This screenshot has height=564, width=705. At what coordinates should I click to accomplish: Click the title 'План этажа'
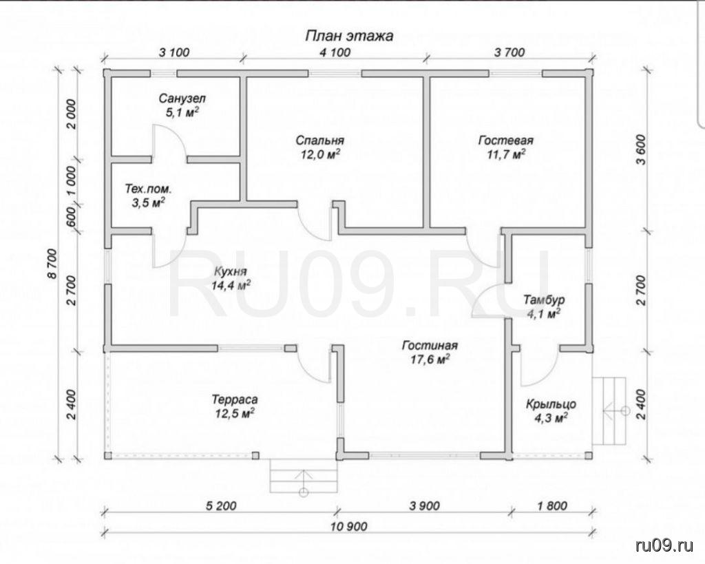point(349,36)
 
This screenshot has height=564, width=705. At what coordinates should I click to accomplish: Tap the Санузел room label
point(182,98)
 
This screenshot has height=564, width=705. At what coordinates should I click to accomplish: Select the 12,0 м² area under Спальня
point(319,154)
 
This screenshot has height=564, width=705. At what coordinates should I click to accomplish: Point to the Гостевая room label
point(506,140)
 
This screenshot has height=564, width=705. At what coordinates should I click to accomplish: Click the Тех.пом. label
point(148,189)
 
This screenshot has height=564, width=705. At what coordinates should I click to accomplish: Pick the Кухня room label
point(230,272)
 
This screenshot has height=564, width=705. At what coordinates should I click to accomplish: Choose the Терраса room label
point(235,399)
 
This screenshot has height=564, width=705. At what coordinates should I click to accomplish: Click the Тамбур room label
point(544,300)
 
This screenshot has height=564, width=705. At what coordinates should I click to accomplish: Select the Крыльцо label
point(551,404)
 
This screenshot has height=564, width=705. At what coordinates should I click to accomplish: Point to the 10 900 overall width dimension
point(350,526)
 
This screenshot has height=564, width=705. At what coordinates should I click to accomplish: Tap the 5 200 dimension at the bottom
point(221,506)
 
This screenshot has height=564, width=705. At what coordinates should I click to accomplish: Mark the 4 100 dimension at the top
point(335,52)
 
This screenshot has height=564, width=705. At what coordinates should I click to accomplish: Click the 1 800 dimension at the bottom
point(551,506)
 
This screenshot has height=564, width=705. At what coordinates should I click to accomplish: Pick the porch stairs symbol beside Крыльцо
point(610,410)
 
